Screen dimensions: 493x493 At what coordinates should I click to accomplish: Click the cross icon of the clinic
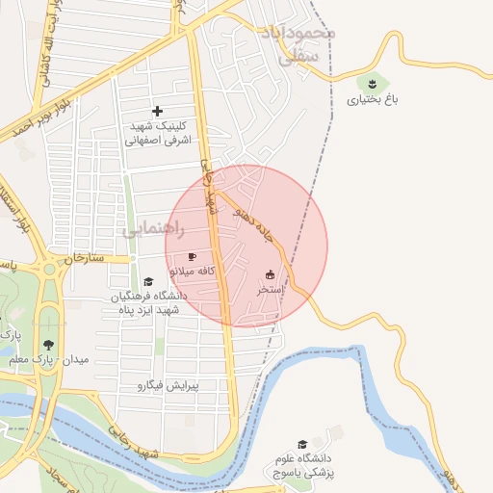[x=158, y=112]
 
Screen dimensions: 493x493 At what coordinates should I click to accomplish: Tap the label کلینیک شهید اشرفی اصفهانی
[x=158, y=133]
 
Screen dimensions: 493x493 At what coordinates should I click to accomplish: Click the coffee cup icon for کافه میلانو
[x=192, y=256]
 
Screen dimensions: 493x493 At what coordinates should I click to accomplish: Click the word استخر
[x=269, y=289]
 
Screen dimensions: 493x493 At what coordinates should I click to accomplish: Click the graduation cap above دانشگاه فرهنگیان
[x=147, y=281]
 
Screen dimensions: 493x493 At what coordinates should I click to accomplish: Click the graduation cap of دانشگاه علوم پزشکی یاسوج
[x=302, y=445]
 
